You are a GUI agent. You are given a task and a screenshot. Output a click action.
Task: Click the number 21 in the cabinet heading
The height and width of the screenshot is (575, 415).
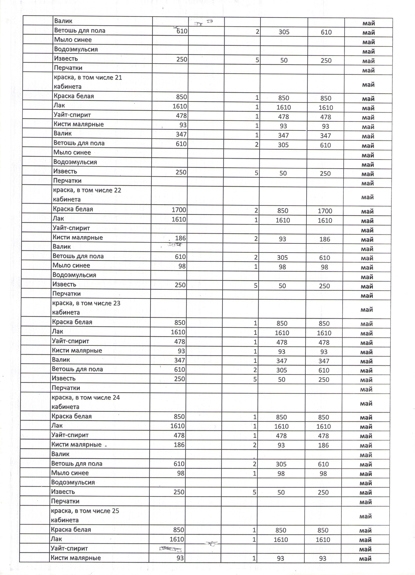click(118, 78)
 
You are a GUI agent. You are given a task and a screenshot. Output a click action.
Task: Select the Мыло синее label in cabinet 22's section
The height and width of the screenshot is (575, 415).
click(71, 265)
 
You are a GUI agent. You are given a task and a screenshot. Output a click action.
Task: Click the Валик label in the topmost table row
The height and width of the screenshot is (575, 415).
click(63, 21)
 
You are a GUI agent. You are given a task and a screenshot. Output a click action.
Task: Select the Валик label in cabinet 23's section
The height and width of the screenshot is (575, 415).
click(61, 360)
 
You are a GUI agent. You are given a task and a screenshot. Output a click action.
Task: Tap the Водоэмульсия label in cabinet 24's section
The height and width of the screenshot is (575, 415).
click(73, 482)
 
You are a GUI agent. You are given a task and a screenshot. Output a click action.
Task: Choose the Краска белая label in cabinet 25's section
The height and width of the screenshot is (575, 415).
click(71, 529)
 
